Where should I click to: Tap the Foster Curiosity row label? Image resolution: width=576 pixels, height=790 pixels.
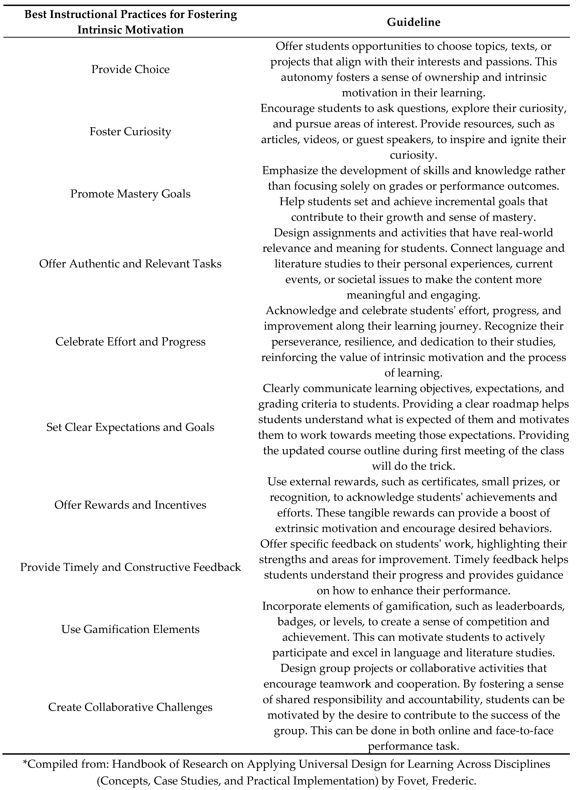point(130,131)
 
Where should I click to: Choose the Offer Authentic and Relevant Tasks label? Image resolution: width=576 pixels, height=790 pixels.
point(130,264)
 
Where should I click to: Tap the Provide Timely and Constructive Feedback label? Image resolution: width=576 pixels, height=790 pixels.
point(130,567)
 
